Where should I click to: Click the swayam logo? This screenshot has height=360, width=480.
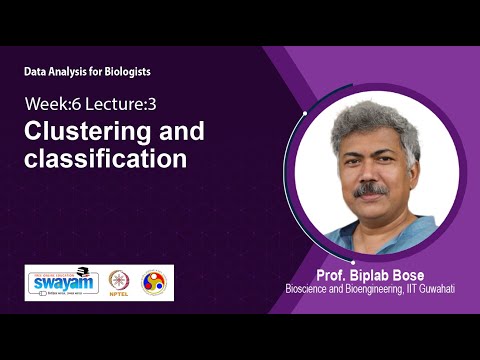(61, 282)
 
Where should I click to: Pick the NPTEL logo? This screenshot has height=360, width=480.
(120, 282)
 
